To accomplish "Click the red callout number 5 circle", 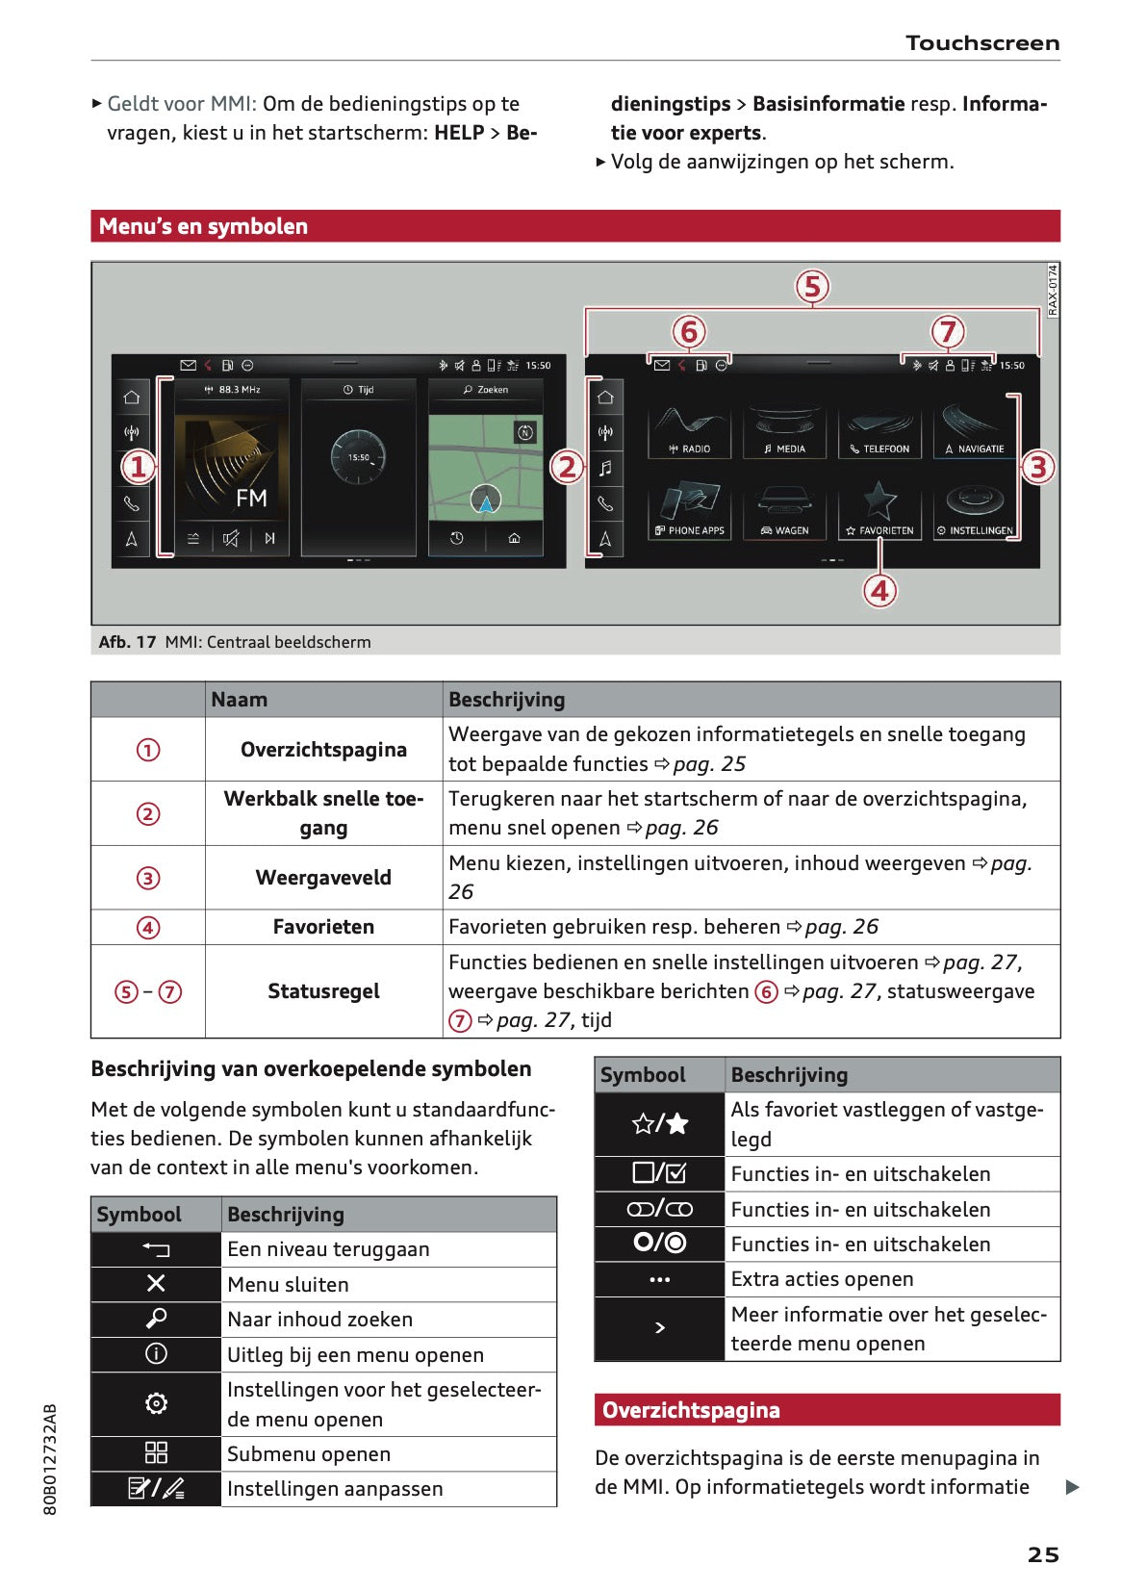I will [x=812, y=287].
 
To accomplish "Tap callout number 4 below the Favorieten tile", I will [x=879, y=590].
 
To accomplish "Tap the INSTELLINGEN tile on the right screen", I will [x=975, y=513].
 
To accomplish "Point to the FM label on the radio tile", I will [x=251, y=498].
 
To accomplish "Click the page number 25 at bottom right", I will [x=1042, y=1554].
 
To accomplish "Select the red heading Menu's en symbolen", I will [x=203, y=226].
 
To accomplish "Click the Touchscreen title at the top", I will [x=981, y=43].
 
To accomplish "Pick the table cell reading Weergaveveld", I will [x=323, y=878].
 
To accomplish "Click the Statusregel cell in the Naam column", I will [x=323, y=991].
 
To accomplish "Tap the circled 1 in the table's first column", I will [x=148, y=750].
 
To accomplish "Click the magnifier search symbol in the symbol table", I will [x=156, y=1319].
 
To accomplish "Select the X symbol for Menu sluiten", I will [x=156, y=1283].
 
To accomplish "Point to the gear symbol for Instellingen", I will [x=156, y=1403].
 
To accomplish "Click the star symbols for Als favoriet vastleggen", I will [x=659, y=1123].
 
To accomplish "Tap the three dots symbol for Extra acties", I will [x=659, y=1280].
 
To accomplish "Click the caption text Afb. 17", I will [x=127, y=642].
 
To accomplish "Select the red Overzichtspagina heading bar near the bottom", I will [x=827, y=1410].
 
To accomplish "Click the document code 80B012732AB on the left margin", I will [x=51, y=1459].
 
